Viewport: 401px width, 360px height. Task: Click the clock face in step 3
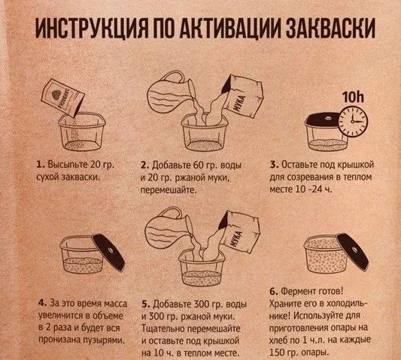click(353, 121)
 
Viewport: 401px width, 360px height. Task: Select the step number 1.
click(40, 165)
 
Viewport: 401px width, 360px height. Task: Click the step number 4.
click(42, 304)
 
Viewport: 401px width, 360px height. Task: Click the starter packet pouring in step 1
click(63, 97)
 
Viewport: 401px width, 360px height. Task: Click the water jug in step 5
click(169, 228)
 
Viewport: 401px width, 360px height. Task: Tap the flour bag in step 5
click(239, 232)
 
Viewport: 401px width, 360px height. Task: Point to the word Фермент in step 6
click(296, 292)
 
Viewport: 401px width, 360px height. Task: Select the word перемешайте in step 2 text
click(169, 190)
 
